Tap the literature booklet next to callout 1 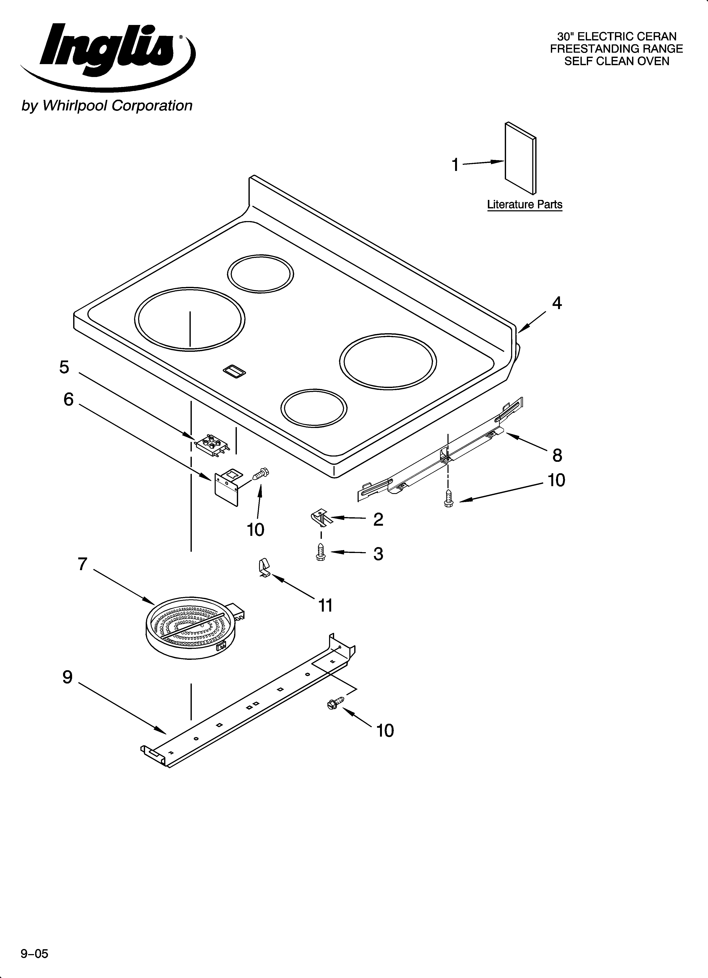click(520, 158)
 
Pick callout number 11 click(325, 605)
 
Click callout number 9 click(68, 677)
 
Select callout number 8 click(557, 455)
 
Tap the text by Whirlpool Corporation click(107, 106)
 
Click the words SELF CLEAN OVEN click(617, 61)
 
